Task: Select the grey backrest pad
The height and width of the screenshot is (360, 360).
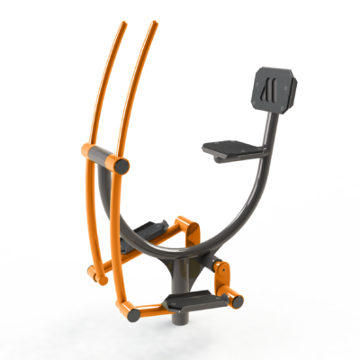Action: pyautogui.click(x=273, y=89)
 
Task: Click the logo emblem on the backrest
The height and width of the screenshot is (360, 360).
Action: pyautogui.click(x=268, y=89)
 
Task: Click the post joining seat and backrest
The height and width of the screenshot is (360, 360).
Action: pyautogui.click(x=263, y=130)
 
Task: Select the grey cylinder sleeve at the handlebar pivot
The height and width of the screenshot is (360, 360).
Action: pyautogui.click(x=100, y=160)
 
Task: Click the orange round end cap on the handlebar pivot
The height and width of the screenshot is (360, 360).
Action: pyautogui.click(x=120, y=166)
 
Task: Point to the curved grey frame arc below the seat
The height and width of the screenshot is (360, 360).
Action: pyautogui.click(x=225, y=216)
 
